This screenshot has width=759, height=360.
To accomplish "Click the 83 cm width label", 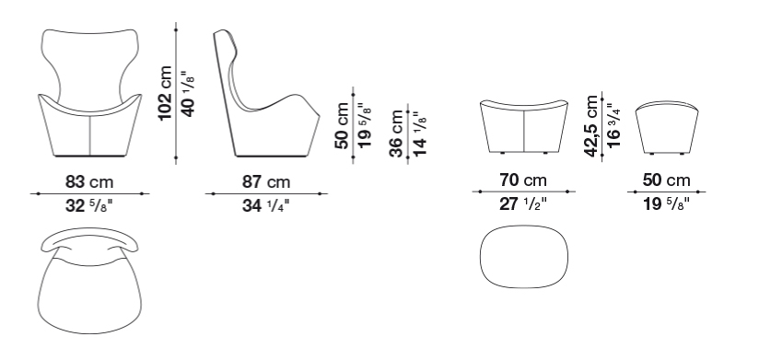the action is (x=89, y=182).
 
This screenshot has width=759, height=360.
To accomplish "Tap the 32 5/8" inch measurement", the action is (x=89, y=206).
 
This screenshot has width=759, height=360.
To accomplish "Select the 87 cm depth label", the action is (x=266, y=182).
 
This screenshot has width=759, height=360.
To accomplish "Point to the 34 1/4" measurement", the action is (x=266, y=206).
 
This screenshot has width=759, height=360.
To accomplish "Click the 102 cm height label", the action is (x=166, y=93).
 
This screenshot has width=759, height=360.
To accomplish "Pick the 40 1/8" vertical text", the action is (x=189, y=94).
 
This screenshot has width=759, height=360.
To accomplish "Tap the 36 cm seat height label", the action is (x=396, y=134).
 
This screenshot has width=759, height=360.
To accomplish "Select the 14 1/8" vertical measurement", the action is (x=419, y=134).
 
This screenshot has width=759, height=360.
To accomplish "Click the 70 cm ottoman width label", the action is (x=523, y=180).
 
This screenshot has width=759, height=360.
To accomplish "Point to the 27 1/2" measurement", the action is (x=523, y=204).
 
